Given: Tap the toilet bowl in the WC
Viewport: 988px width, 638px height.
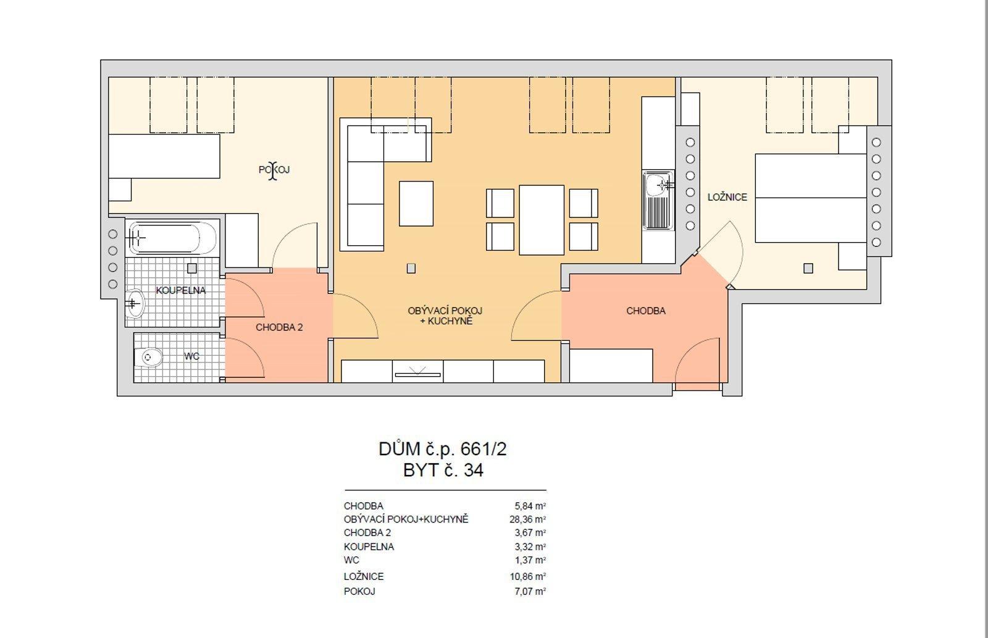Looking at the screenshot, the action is (x=148, y=356).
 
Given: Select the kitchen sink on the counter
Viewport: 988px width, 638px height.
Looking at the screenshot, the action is (x=658, y=200).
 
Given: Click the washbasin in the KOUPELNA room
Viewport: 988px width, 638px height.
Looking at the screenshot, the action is (x=135, y=303).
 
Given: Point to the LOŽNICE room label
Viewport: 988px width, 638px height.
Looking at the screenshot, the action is (x=727, y=197).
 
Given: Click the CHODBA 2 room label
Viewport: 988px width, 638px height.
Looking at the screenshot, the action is (x=279, y=327).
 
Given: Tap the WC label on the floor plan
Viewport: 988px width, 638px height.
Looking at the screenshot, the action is (x=192, y=356).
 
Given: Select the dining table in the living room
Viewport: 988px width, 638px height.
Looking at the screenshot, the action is (x=542, y=220).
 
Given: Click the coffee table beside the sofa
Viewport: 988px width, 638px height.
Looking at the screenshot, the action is (x=416, y=203).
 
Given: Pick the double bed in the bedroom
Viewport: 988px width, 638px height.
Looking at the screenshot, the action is (x=811, y=198).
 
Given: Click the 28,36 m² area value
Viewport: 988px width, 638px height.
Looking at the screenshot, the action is (x=527, y=519).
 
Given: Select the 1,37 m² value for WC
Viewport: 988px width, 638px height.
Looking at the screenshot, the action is (x=530, y=560).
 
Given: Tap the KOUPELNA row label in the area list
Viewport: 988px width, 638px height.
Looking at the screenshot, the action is (x=369, y=547).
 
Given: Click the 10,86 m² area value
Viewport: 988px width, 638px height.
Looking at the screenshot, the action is (x=527, y=577).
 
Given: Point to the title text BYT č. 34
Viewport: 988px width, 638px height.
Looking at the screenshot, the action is (x=443, y=471).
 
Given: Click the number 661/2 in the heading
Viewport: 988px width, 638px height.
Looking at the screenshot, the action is (x=484, y=449).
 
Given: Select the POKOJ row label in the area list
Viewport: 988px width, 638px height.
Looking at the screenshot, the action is (x=359, y=591).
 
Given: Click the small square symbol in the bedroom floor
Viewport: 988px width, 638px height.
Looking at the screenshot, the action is (x=808, y=268).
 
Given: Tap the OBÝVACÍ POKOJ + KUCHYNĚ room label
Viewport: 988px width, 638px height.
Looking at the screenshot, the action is (x=445, y=316).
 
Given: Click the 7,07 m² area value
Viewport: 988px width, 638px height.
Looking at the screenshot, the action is (x=530, y=591).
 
